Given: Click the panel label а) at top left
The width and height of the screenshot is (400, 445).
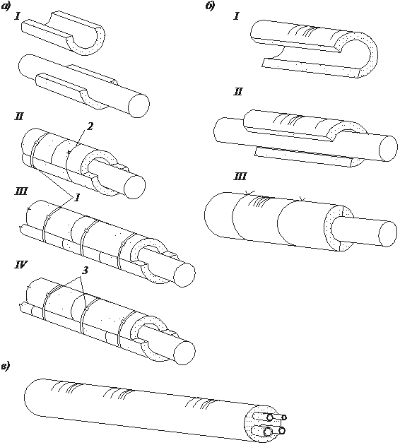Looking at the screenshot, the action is click(6, 7).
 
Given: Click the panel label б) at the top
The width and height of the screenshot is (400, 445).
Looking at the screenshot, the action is click(210, 6).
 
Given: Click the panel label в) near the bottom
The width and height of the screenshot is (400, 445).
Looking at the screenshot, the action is click(6, 367).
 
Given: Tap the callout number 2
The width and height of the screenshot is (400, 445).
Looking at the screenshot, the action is click(89, 126).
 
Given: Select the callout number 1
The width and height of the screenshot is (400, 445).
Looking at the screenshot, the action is click(76, 198).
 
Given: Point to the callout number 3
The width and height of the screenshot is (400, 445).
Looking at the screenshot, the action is click(85, 271).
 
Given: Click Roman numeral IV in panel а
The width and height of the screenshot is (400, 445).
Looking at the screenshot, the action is click(21, 265).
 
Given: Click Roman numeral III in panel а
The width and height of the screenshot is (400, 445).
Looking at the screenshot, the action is click(21, 191).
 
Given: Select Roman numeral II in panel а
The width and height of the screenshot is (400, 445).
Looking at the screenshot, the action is click(19, 117).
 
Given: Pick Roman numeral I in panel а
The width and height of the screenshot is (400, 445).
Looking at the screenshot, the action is click(18, 17).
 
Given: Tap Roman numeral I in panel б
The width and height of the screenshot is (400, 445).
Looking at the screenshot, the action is click(236, 17).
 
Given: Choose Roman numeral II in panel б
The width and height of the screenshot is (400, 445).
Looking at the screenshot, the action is click(238, 91).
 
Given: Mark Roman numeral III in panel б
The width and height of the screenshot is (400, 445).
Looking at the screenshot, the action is click(240, 177).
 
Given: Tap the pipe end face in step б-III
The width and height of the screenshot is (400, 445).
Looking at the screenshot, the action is click(388, 233).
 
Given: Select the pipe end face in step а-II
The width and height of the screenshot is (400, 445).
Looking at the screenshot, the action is click(134, 186).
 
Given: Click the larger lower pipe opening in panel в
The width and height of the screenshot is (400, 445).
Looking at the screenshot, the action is click(268, 432).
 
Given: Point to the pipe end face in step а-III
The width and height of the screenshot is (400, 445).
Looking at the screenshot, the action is click(184, 275).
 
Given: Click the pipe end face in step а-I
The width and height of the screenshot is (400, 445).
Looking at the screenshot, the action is click(139, 105).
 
